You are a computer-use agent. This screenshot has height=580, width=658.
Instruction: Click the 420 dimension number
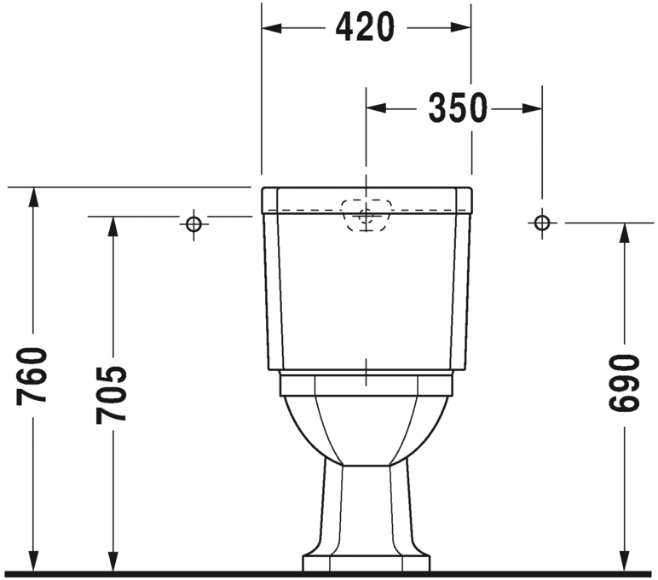pyautogui.click(x=365, y=28)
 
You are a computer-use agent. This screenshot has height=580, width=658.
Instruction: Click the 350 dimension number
pyautogui.click(x=457, y=108)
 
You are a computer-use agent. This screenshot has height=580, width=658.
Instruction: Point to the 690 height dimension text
pyautogui.click(x=623, y=383)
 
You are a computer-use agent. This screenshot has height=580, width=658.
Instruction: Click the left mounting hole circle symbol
pyautogui.click(x=193, y=223)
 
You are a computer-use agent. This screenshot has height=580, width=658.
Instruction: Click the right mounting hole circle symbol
pyautogui.click(x=541, y=223)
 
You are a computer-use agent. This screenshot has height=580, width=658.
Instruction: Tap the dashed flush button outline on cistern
pyautogui.click(x=367, y=214)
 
